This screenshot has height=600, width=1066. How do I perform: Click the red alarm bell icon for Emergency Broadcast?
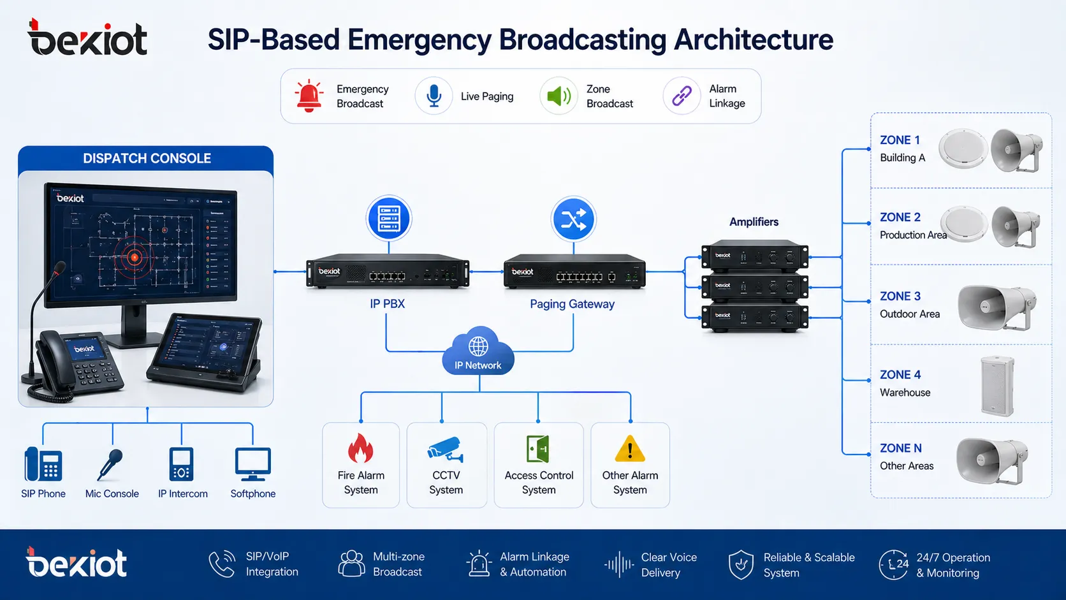[x=309, y=96]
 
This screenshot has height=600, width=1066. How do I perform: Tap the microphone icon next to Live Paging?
[x=434, y=96]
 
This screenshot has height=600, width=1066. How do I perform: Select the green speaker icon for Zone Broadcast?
[x=559, y=96]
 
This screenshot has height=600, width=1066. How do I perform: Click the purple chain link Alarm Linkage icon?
[x=682, y=96]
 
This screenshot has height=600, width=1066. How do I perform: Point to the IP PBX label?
[x=387, y=304]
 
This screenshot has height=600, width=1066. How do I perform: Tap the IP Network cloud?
[x=478, y=351]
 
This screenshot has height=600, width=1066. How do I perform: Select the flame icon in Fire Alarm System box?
[x=361, y=448]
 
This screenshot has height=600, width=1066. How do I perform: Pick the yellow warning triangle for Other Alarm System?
[x=630, y=449]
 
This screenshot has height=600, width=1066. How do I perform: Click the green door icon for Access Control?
[x=538, y=449]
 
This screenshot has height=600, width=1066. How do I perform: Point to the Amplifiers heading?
[x=754, y=222]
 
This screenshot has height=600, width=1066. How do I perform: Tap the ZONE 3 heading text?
[x=900, y=296]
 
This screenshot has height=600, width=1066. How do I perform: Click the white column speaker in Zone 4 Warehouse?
[x=997, y=386]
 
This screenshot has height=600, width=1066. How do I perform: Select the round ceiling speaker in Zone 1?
[x=963, y=148]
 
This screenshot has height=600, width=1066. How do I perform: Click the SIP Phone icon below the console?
[x=43, y=464]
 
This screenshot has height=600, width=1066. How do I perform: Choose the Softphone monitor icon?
[x=252, y=464]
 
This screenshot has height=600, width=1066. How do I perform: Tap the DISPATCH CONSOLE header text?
[x=147, y=158]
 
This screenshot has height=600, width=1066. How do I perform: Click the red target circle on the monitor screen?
[x=135, y=258]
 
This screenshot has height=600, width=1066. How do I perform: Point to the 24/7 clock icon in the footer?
[x=893, y=564]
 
